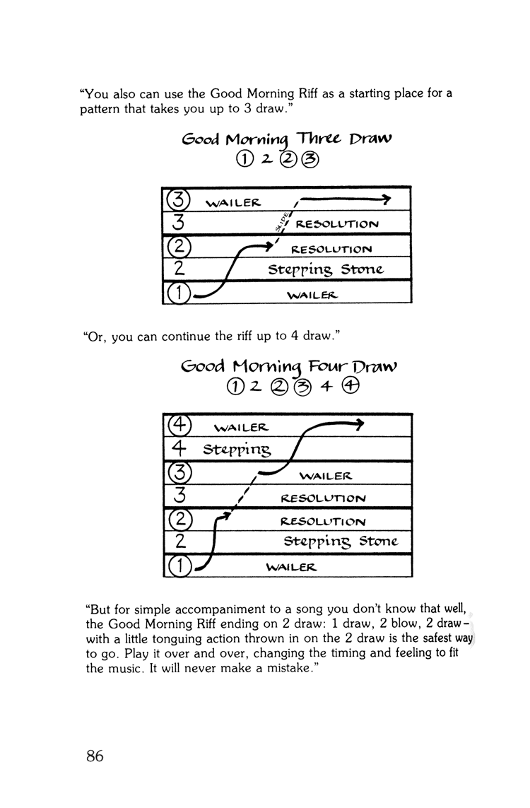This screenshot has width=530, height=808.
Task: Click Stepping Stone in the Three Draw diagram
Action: pyautogui.click(x=325, y=269)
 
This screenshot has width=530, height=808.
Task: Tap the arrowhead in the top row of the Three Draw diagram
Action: pyautogui.click(x=385, y=201)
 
